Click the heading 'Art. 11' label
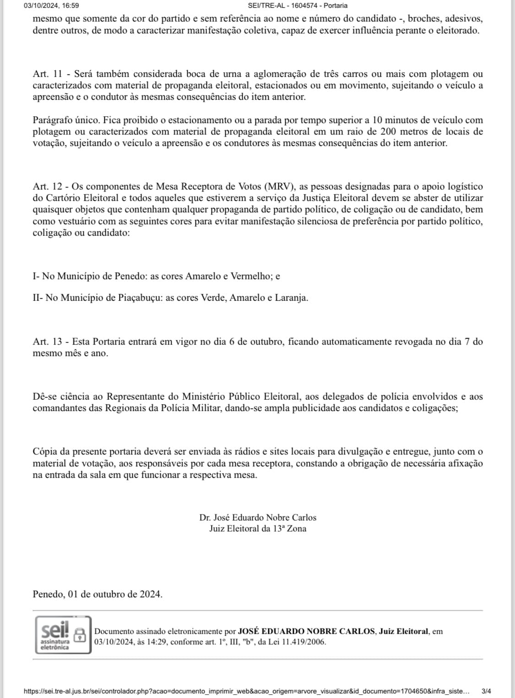[47, 74]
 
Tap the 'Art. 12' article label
[47, 187]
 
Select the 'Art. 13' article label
[47, 342]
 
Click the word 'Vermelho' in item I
[251, 276]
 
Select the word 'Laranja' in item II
[291, 298]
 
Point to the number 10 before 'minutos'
[377, 120]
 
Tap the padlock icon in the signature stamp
[80, 634]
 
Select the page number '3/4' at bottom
[486, 691]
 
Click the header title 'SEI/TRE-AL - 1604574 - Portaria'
[297, 5]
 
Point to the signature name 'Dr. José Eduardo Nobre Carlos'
[258, 518]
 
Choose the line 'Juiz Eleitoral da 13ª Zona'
[258, 529]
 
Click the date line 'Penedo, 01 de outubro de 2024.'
[98, 595]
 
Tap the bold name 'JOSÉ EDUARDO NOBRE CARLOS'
[306, 632]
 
